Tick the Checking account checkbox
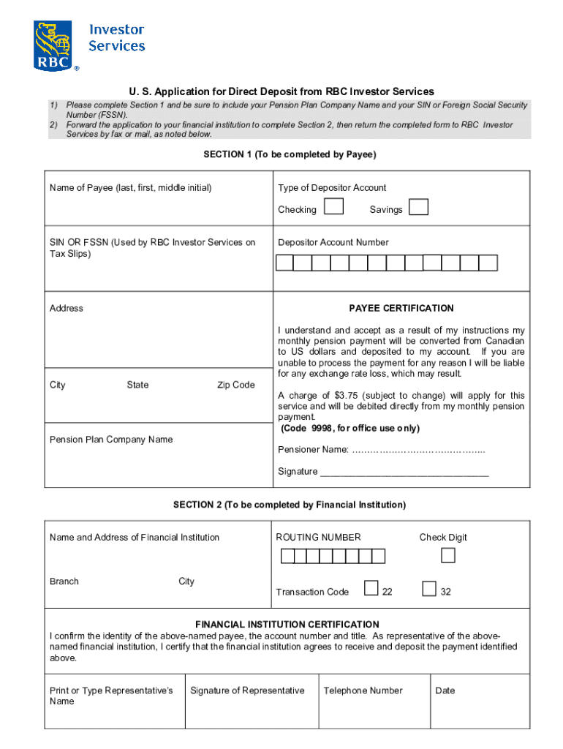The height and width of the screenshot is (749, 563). pyautogui.click(x=333, y=207)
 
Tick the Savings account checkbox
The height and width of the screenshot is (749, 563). pyautogui.click(x=418, y=208)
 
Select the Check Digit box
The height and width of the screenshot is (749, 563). pyautogui.click(x=447, y=556)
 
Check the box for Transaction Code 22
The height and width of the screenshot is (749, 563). pyautogui.click(x=371, y=589)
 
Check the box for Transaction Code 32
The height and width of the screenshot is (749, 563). pyautogui.click(x=429, y=589)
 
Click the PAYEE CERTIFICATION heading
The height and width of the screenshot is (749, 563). pyautogui.click(x=401, y=309)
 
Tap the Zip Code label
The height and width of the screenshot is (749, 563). pyautogui.click(x=235, y=385)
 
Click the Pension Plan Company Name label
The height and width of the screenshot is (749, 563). pyautogui.click(x=111, y=440)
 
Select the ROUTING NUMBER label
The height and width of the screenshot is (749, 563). pyautogui.click(x=318, y=538)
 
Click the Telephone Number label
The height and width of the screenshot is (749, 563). pyautogui.click(x=363, y=690)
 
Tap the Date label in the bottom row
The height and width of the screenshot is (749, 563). pyautogui.click(x=445, y=690)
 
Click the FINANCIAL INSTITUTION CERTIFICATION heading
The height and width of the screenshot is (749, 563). pyautogui.click(x=287, y=625)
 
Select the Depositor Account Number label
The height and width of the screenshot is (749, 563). pyautogui.click(x=333, y=243)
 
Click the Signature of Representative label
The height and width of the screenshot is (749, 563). pyautogui.click(x=247, y=690)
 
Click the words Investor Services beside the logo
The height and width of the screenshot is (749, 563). pyautogui.click(x=116, y=38)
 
